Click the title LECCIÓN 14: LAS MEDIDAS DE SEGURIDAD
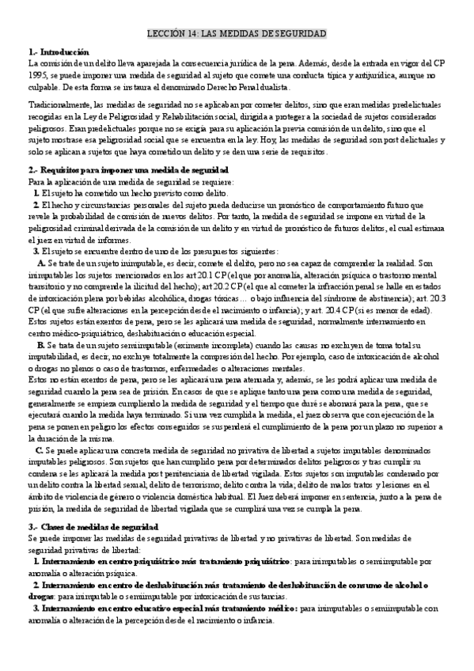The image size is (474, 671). coord(237,33)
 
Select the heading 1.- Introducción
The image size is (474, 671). coord(59,51)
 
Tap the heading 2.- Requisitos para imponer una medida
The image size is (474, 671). coord(129,169)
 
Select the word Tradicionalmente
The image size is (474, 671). coord(60,104)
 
